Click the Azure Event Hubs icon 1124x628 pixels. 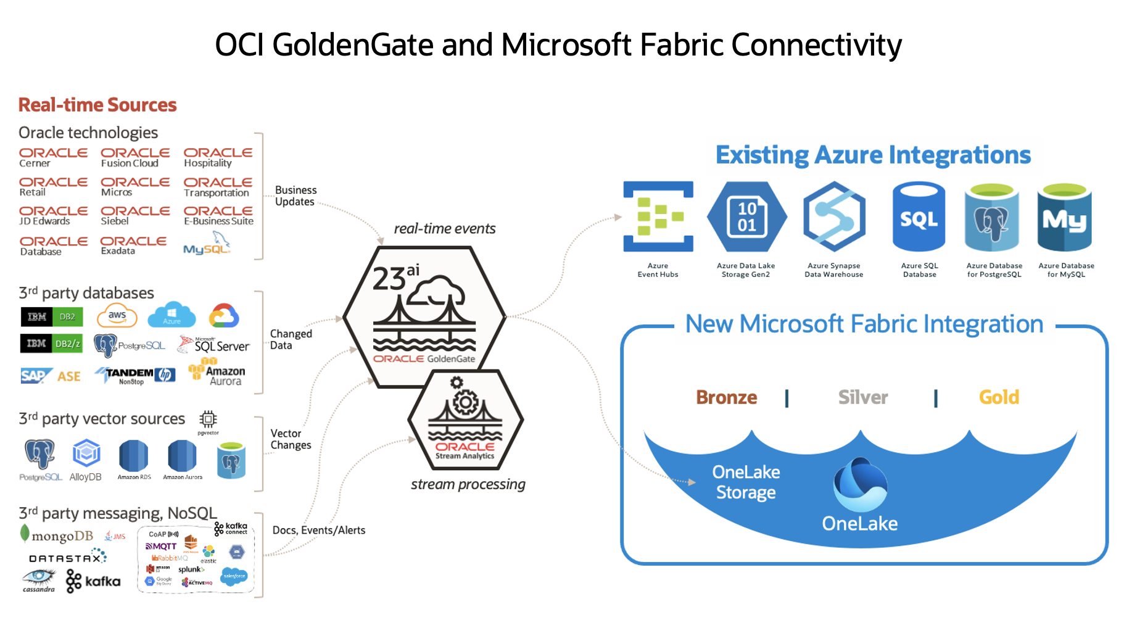(658, 217)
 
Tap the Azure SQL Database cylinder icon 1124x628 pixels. (919, 217)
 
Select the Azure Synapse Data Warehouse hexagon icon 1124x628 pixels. (834, 217)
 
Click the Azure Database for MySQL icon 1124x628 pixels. (1065, 217)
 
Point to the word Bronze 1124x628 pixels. (726, 397)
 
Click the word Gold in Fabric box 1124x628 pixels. (999, 397)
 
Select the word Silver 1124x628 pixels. (862, 397)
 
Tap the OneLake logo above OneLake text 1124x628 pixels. (860, 485)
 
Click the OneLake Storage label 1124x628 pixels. (746, 482)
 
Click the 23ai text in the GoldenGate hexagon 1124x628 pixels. (395, 277)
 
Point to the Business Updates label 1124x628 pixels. (295, 196)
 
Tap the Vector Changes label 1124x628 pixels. (291, 439)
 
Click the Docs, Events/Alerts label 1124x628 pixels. (318, 531)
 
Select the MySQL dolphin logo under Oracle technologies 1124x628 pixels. (207, 244)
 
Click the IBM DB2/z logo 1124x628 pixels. (52, 344)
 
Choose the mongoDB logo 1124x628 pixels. (57, 535)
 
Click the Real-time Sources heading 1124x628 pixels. (97, 105)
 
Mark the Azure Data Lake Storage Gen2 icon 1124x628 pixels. (746, 217)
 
